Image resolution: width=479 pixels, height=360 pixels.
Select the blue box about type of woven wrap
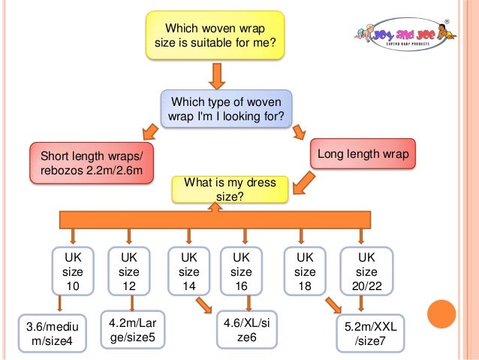point(226,109)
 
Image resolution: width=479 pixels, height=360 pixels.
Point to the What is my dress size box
point(229,189)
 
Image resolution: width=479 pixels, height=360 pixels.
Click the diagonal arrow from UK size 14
point(203,307)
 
